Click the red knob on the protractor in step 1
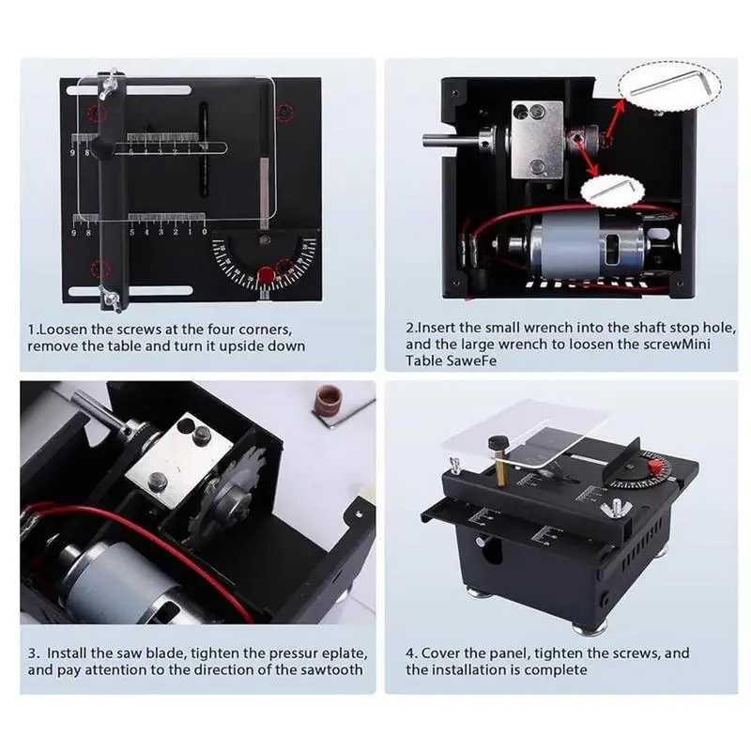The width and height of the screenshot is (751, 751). click(x=266, y=275)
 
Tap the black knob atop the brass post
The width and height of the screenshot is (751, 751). click(x=498, y=441)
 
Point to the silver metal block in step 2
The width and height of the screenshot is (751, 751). click(x=537, y=139)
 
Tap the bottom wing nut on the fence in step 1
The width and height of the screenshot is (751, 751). click(x=110, y=298)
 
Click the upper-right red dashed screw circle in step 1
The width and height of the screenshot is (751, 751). click(x=285, y=113)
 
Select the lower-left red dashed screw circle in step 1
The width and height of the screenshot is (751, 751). click(x=100, y=269)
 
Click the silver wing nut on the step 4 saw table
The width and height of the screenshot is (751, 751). click(x=613, y=508)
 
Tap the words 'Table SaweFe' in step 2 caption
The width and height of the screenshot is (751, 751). click(x=451, y=360)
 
